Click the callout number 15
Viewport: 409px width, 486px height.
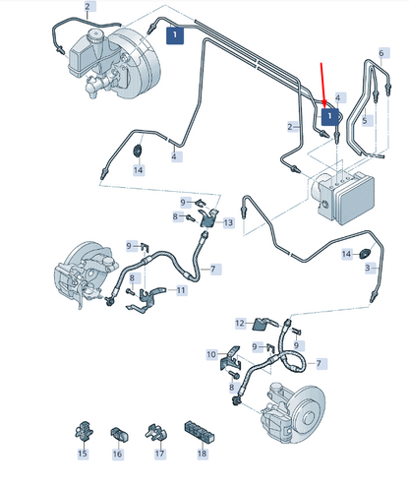click(x=83, y=454)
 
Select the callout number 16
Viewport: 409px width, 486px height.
click(x=117, y=454)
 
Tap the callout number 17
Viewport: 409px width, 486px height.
click(x=159, y=454)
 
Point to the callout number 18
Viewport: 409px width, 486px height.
click(x=203, y=454)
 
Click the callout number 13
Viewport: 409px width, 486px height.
click(x=228, y=223)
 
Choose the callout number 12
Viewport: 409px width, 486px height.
click(x=240, y=324)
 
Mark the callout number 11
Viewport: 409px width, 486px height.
click(x=181, y=290)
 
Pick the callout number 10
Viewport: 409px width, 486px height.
click(x=211, y=354)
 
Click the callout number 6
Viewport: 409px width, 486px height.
click(x=381, y=53)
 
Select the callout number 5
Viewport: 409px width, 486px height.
click(x=365, y=121)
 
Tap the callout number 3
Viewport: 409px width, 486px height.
click(x=368, y=268)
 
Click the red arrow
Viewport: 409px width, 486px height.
click(x=323, y=85)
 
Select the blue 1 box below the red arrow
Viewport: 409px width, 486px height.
click(x=329, y=116)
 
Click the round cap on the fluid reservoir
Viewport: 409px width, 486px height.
click(x=95, y=35)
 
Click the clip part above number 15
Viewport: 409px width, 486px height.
click(x=84, y=431)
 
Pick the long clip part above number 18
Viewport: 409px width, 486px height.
click(x=200, y=431)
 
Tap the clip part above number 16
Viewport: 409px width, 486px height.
click(x=119, y=435)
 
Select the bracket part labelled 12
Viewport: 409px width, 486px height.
click(x=263, y=324)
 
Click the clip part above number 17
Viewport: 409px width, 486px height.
click(x=156, y=433)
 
